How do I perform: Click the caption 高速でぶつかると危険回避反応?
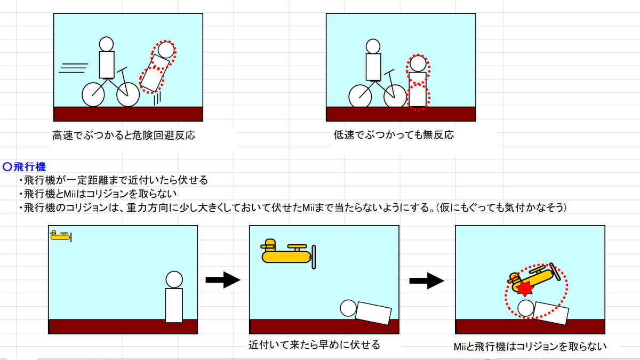[123, 135]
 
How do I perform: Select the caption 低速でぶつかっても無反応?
[394, 135]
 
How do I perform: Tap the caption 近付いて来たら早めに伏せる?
[314, 345]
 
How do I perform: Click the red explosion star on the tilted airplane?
[525, 289]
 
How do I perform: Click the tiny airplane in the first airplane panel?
[61, 236]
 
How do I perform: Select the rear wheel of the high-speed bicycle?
[93, 95]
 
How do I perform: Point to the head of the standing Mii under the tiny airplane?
[174, 279]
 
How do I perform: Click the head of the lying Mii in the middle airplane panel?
[348, 308]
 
